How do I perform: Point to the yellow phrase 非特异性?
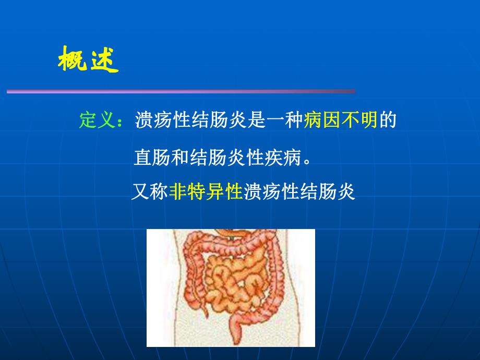(206, 192)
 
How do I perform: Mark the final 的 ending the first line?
(388, 121)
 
